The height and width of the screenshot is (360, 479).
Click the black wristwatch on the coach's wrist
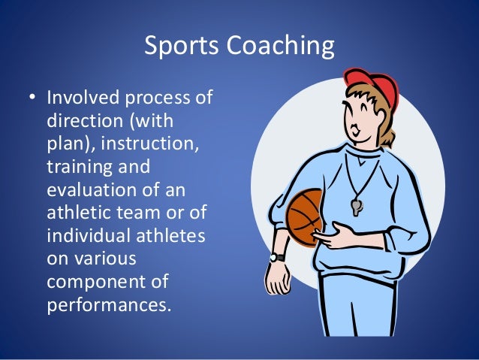point(278,257)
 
